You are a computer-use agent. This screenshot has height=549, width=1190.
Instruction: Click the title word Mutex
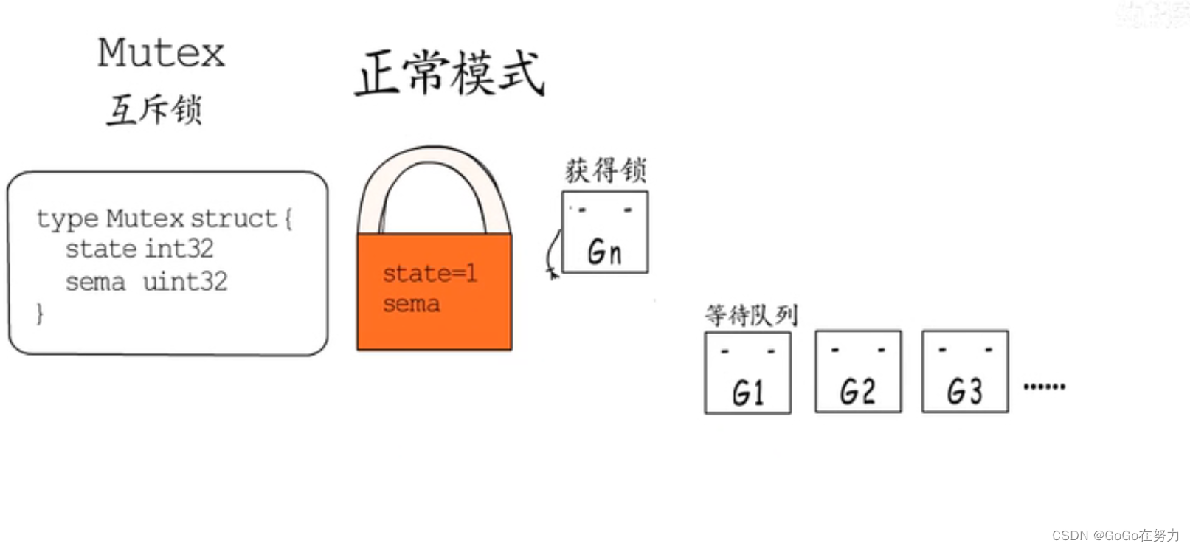pos(161,53)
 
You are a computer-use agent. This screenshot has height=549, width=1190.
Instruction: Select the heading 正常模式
pos(450,73)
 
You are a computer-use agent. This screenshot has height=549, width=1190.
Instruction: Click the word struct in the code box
pos(233,218)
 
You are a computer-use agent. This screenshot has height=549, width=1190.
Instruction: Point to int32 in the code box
pos(179,249)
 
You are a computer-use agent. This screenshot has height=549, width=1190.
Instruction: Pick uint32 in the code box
pos(184,281)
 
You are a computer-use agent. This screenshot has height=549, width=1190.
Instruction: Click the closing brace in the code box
pos(40,314)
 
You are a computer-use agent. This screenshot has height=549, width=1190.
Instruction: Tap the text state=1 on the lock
pos(429,274)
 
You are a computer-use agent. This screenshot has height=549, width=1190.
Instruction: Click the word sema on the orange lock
pos(411,304)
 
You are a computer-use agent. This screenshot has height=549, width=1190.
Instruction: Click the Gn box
pos(605,232)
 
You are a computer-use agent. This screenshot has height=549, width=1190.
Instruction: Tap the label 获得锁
pos(606,170)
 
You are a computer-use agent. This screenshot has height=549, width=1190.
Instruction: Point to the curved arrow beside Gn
pos(552,255)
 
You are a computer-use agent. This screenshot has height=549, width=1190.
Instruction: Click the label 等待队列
pos(751,315)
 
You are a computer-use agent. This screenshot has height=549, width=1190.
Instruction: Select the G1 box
pos(748,373)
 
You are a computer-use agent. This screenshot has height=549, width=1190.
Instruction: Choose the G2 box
pos(858,371)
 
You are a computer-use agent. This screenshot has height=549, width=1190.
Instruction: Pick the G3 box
pos(965,371)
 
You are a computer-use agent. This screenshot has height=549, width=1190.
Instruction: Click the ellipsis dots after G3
pos(1044,386)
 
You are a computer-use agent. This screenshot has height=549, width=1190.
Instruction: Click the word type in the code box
pos(67,219)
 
